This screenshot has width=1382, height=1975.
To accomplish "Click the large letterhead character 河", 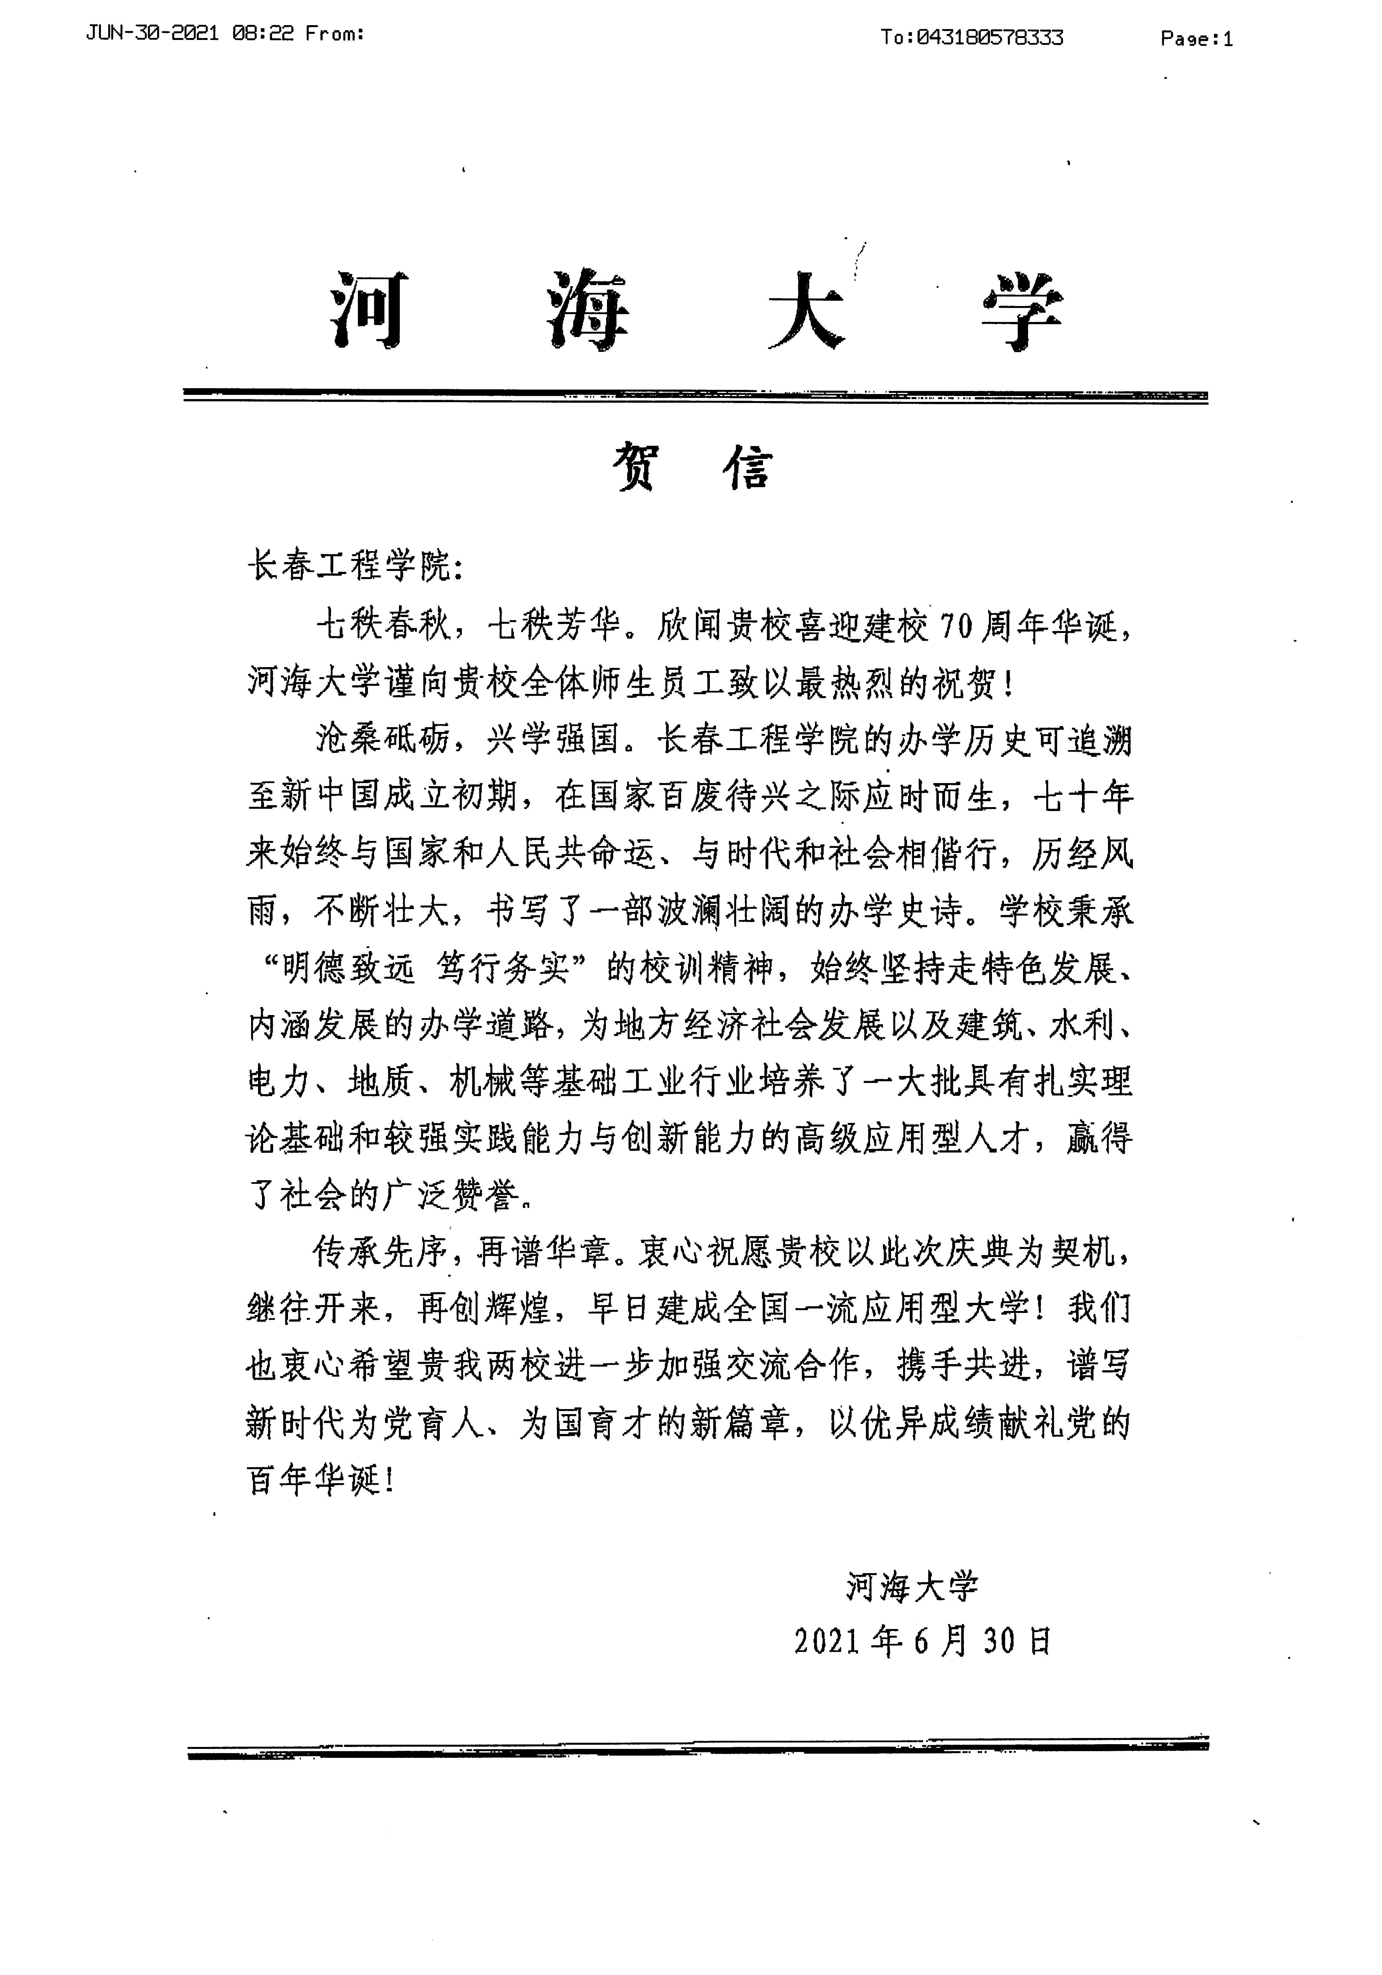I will tap(368, 311).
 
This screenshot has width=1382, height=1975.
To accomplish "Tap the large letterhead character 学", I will tap(1022, 311).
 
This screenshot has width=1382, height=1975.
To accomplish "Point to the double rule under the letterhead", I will tap(695, 396).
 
